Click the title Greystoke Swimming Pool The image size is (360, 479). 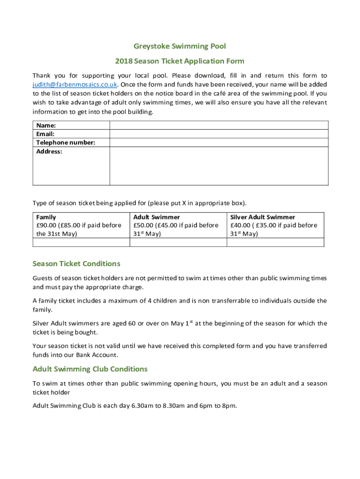[x=180, y=46]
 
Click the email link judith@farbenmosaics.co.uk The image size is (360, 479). [x=75, y=85]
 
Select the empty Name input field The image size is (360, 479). [x=219, y=125]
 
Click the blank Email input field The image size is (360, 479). [x=219, y=134]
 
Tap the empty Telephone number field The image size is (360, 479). [x=219, y=143]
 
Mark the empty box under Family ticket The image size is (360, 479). [x=81, y=242]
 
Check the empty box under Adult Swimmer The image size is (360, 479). [x=178, y=242]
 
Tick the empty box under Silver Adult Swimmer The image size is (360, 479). [x=275, y=242]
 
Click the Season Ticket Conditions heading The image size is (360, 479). [x=76, y=263]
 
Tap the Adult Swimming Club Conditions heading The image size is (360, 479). [x=90, y=369]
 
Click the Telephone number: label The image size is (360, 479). [x=65, y=143]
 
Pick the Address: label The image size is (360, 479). [x=49, y=152]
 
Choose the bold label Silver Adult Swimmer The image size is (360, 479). [x=263, y=217]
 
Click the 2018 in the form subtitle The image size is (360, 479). [x=123, y=61]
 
